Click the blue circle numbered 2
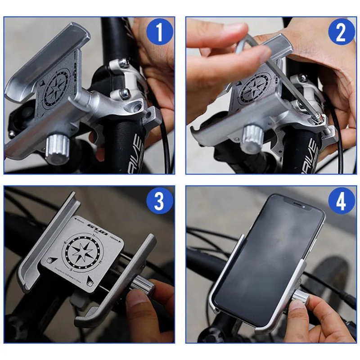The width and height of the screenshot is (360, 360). click(x=341, y=33)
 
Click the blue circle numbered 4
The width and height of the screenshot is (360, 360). click(x=341, y=202)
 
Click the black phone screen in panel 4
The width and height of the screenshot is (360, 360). click(x=265, y=256)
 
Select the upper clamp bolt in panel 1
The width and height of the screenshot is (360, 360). click(x=122, y=63)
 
